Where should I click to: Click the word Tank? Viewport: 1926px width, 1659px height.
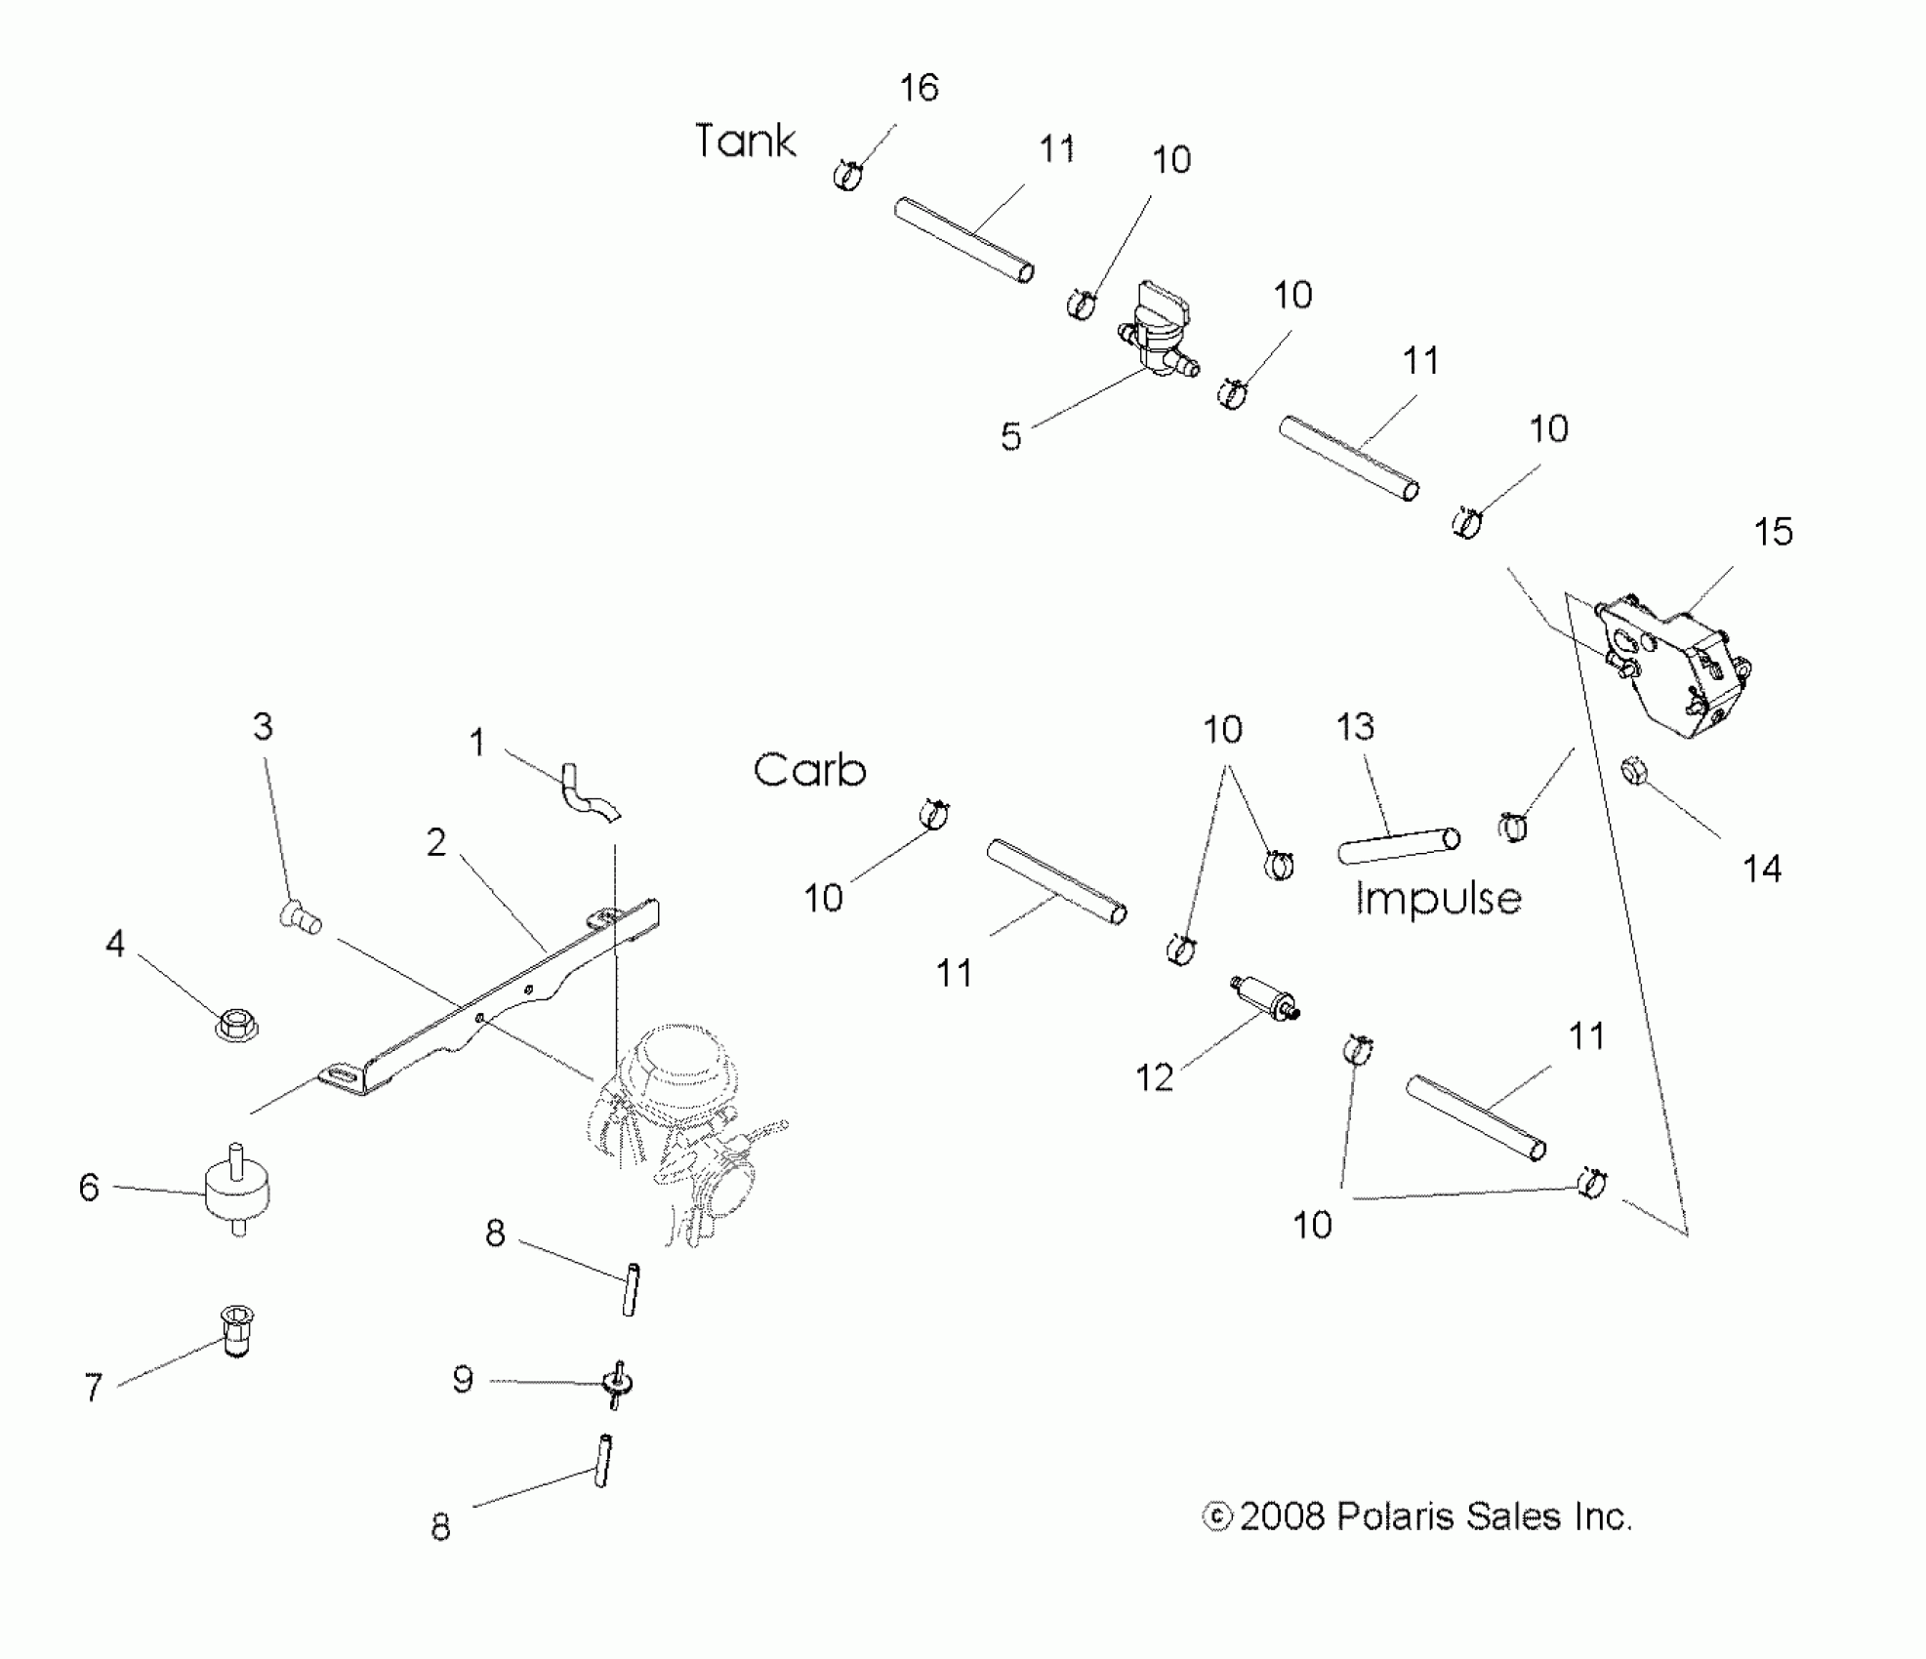(x=745, y=142)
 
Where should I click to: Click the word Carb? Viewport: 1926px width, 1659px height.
(x=809, y=771)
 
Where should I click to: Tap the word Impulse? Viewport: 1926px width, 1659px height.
(x=1438, y=899)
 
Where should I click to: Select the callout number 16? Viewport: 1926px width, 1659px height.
(x=919, y=88)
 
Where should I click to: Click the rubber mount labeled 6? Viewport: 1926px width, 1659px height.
(x=237, y=1189)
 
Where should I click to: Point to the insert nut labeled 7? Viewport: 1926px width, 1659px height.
(x=234, y=1331)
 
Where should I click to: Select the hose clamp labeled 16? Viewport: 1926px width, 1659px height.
(x=849, y=176)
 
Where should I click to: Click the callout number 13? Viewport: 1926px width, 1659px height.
(x=1355, y=727)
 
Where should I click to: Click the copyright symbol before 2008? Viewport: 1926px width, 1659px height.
(x=1216, y=1517)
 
